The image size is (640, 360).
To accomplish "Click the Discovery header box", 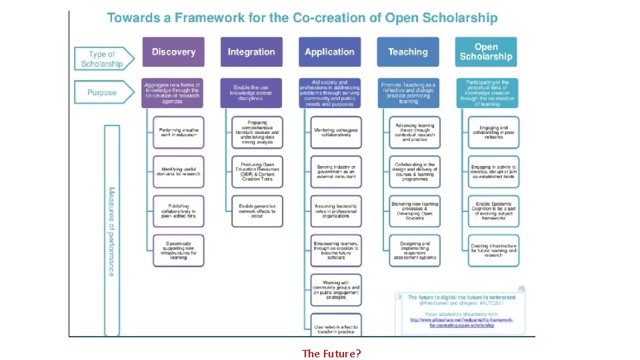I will tap(173, 52).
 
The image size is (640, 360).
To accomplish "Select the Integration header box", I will tap(251, 52).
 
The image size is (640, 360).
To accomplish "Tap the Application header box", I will tap(329, 52).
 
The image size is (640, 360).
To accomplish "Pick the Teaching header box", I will tap(408, 52).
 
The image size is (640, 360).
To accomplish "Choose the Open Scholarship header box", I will tap(486, 52).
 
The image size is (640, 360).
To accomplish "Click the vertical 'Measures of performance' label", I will tap(111, 231).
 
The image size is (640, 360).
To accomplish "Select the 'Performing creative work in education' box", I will tap(179, 132).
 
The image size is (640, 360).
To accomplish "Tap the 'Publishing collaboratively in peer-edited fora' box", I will tap(179, 211).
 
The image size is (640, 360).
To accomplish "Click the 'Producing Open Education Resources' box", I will tap(257, 171).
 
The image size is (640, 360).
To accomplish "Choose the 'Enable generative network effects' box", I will tap(257, 209).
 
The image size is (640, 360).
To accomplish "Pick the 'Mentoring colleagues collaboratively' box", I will tap(336, 132).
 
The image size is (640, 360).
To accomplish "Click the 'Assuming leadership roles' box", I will tap(336, 211).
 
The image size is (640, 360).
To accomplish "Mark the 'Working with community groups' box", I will tap(336, 290).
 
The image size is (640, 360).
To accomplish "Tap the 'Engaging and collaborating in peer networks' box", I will tap(493, 132).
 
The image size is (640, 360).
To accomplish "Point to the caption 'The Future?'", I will tap(331, 353).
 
